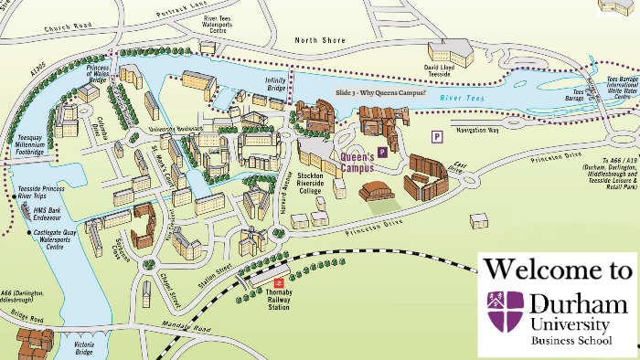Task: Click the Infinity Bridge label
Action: tap(276, 83)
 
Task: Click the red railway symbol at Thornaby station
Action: tap(278, 283)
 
